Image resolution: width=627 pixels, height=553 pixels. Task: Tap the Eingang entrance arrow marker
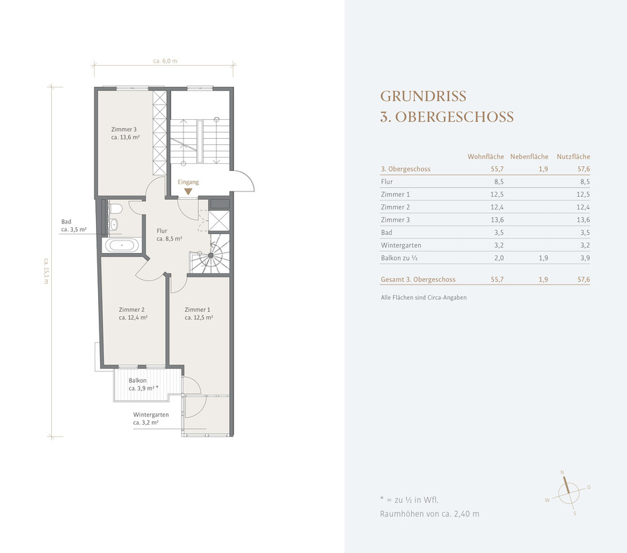click(188, 191)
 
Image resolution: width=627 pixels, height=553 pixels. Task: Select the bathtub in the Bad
click(122, 245)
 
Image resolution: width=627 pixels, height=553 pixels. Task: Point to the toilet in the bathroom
click(116, 209)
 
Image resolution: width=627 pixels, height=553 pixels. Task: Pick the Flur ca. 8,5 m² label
click(169, 235)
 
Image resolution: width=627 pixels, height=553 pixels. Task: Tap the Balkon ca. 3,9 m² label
click(144, 385)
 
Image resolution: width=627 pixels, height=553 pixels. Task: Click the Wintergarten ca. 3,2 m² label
click(151, 418)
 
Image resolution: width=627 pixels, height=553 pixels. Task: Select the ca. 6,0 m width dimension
click(165, 61)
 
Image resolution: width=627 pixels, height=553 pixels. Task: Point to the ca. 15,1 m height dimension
click(46, 271)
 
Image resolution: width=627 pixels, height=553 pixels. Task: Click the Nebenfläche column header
click(529, 156)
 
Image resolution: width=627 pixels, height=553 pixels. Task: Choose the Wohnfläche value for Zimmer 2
click(497, 207)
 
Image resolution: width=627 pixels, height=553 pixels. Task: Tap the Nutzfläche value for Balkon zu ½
click(585, 258)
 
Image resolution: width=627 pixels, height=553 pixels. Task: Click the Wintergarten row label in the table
click(401, 245)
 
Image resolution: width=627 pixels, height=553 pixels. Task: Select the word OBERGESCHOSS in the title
click(454, 117)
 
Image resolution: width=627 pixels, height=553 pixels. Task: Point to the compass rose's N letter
click(562, 472)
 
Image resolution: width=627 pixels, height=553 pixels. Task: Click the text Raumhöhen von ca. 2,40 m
click(429, 514)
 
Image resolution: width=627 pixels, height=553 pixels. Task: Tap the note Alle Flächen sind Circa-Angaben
click(423, 298)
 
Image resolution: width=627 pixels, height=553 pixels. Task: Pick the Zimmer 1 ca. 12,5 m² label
click(198, 313)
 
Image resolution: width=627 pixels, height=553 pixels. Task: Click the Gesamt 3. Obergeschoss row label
click(418, 280)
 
